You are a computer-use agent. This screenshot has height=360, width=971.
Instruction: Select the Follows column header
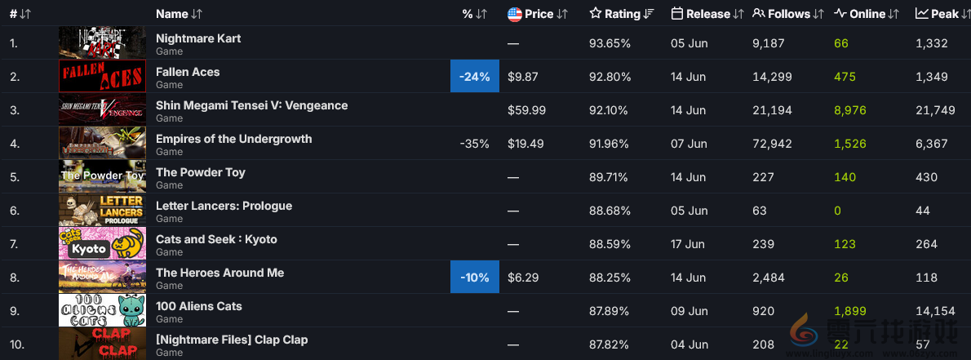pos(789,14)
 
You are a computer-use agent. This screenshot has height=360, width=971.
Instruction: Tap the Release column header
pos(707,14)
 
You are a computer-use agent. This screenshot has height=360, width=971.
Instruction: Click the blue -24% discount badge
pos(474,77)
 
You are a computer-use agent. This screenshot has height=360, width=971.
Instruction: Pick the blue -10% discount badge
pos(474,278)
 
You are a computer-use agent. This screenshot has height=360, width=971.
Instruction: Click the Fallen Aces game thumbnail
pos(102,77)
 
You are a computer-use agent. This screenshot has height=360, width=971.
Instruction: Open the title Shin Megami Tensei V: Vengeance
pos(251,105)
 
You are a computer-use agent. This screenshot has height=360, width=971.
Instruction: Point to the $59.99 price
pos(526,110)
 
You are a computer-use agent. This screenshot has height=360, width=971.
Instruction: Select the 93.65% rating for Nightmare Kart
pos(610,43)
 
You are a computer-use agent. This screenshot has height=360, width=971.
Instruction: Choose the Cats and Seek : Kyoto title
pos(216,239)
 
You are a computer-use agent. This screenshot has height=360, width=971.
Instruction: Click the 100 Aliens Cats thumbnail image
pos(102,311)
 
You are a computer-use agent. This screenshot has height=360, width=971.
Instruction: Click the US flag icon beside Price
pos(515,14)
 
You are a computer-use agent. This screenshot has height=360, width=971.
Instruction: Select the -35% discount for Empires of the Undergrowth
pos(474,144)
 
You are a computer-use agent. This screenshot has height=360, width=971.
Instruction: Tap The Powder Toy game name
pos(200,172)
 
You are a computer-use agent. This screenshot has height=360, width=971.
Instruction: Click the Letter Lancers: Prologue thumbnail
pos(102,211)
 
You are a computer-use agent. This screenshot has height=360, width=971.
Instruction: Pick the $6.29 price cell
pos(523,278)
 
